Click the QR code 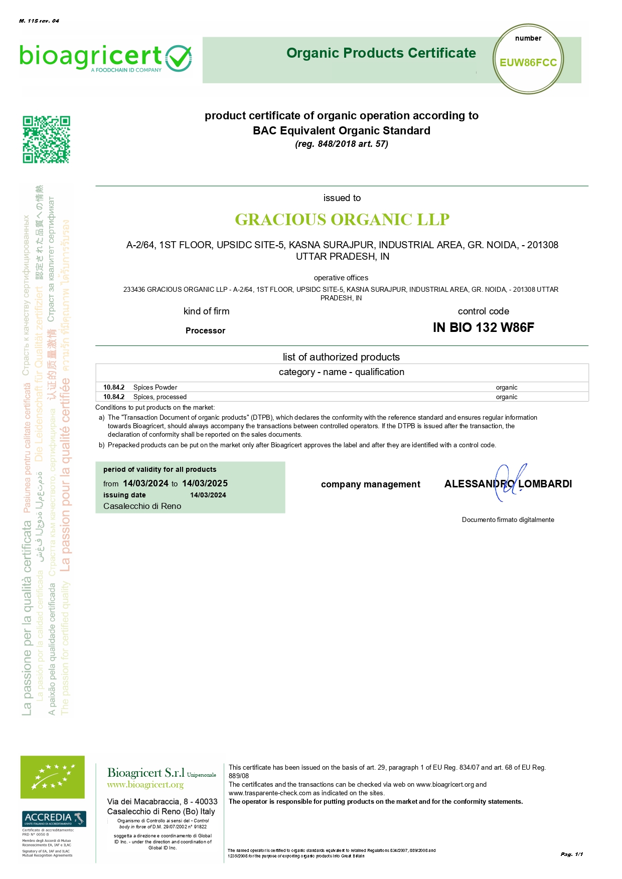point(46,139)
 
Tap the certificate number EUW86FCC point(528,63)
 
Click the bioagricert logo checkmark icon point(179,58)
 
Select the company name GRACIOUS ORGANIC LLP point(342,220)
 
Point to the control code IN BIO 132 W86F point(483,327)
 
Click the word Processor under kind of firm point(205,331)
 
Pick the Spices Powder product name point(155,388)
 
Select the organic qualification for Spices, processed point(506,397)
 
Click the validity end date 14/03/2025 point(205,483)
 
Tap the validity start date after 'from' point(145,483)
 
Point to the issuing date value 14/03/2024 point(208,495)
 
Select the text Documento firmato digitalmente point(508,520)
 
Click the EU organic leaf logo point(52,777)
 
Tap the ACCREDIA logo point(54,818)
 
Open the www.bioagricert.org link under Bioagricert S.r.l point(145,785)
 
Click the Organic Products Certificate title point(381,53)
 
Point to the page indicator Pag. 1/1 point(571,854)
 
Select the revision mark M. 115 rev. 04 point(39,21)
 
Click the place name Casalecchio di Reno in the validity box point(142,506)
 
